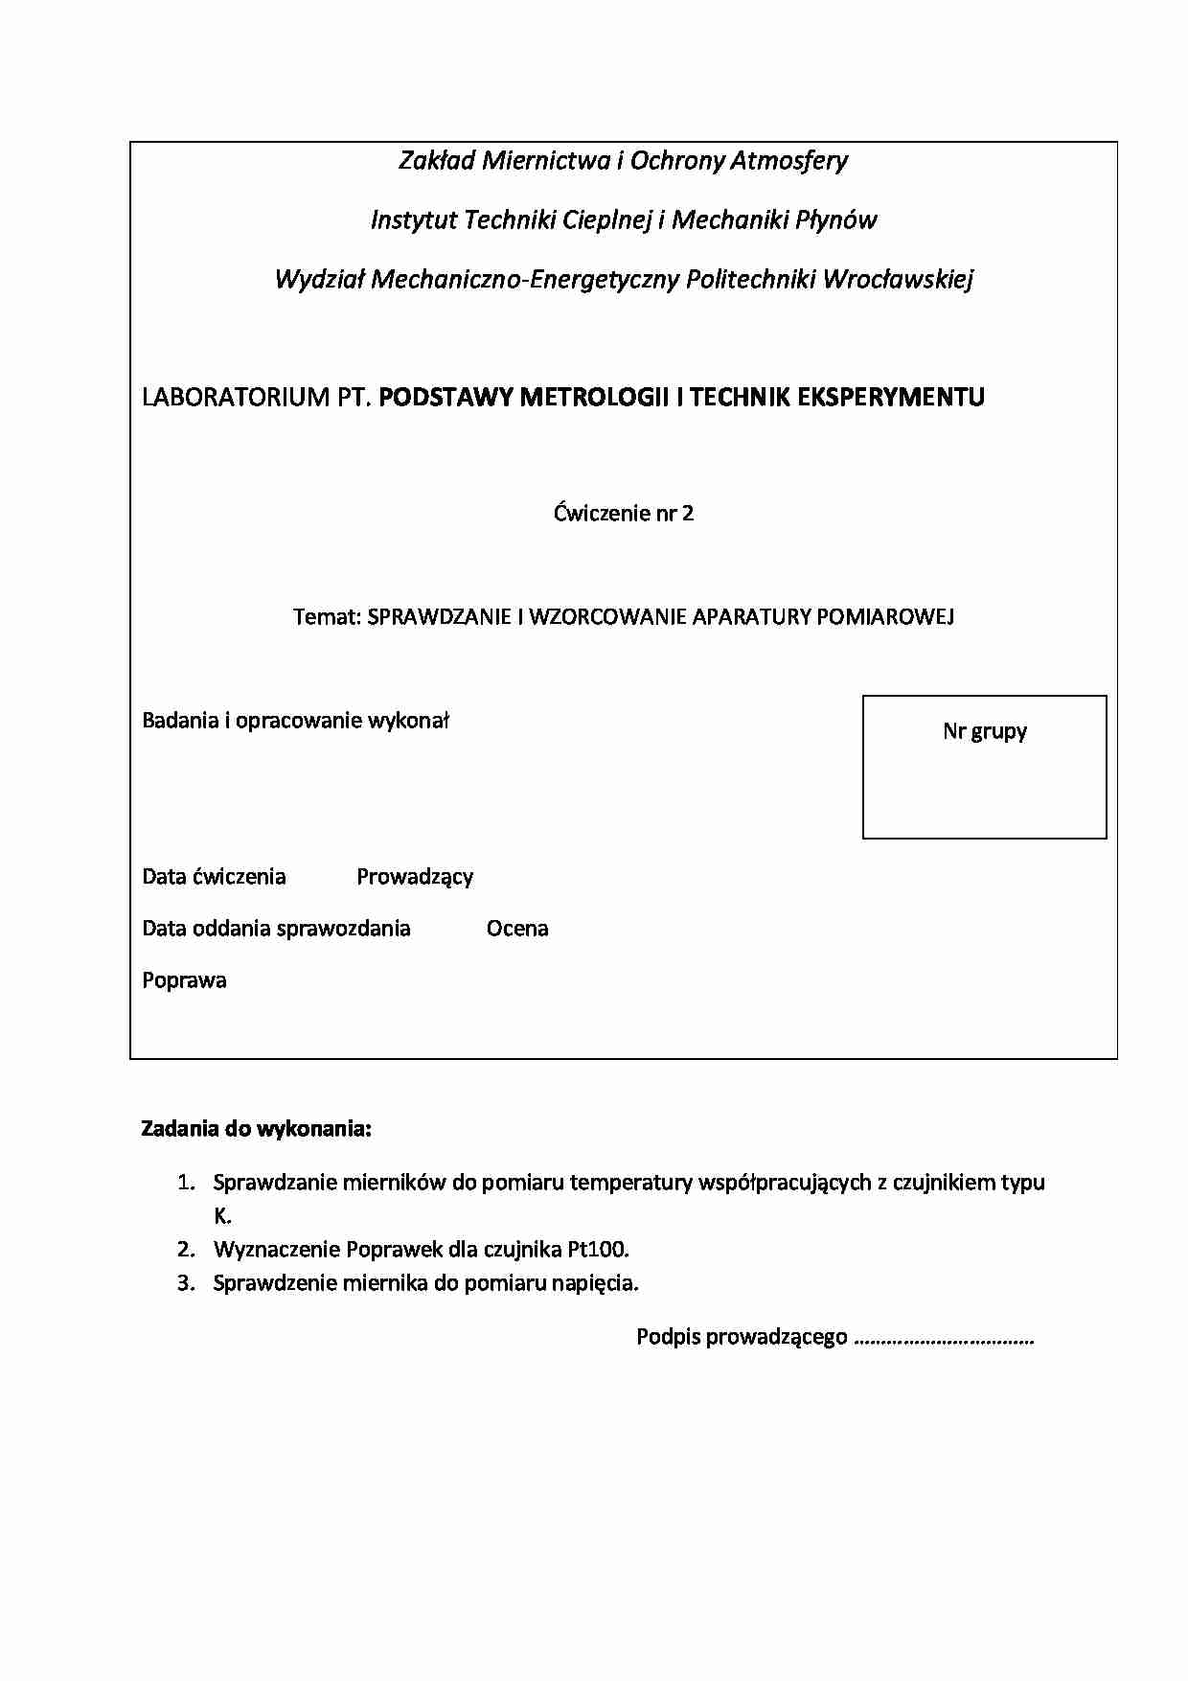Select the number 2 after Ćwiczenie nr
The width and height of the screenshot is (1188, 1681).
tap(688, 514)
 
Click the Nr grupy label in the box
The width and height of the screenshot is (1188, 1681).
tap(984, 732)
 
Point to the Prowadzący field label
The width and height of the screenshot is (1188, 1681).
tap(415, 877)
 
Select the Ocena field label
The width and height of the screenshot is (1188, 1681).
tap(517, 929)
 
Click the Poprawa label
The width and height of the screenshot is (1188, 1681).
tap(184, 980)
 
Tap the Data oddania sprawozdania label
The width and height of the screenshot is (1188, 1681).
tap(276, 929)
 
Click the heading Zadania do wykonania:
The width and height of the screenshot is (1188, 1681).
tap(256, 1129)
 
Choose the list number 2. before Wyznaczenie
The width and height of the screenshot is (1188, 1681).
tap(186, 1250)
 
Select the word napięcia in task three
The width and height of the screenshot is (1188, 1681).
tap(595, 1283)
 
